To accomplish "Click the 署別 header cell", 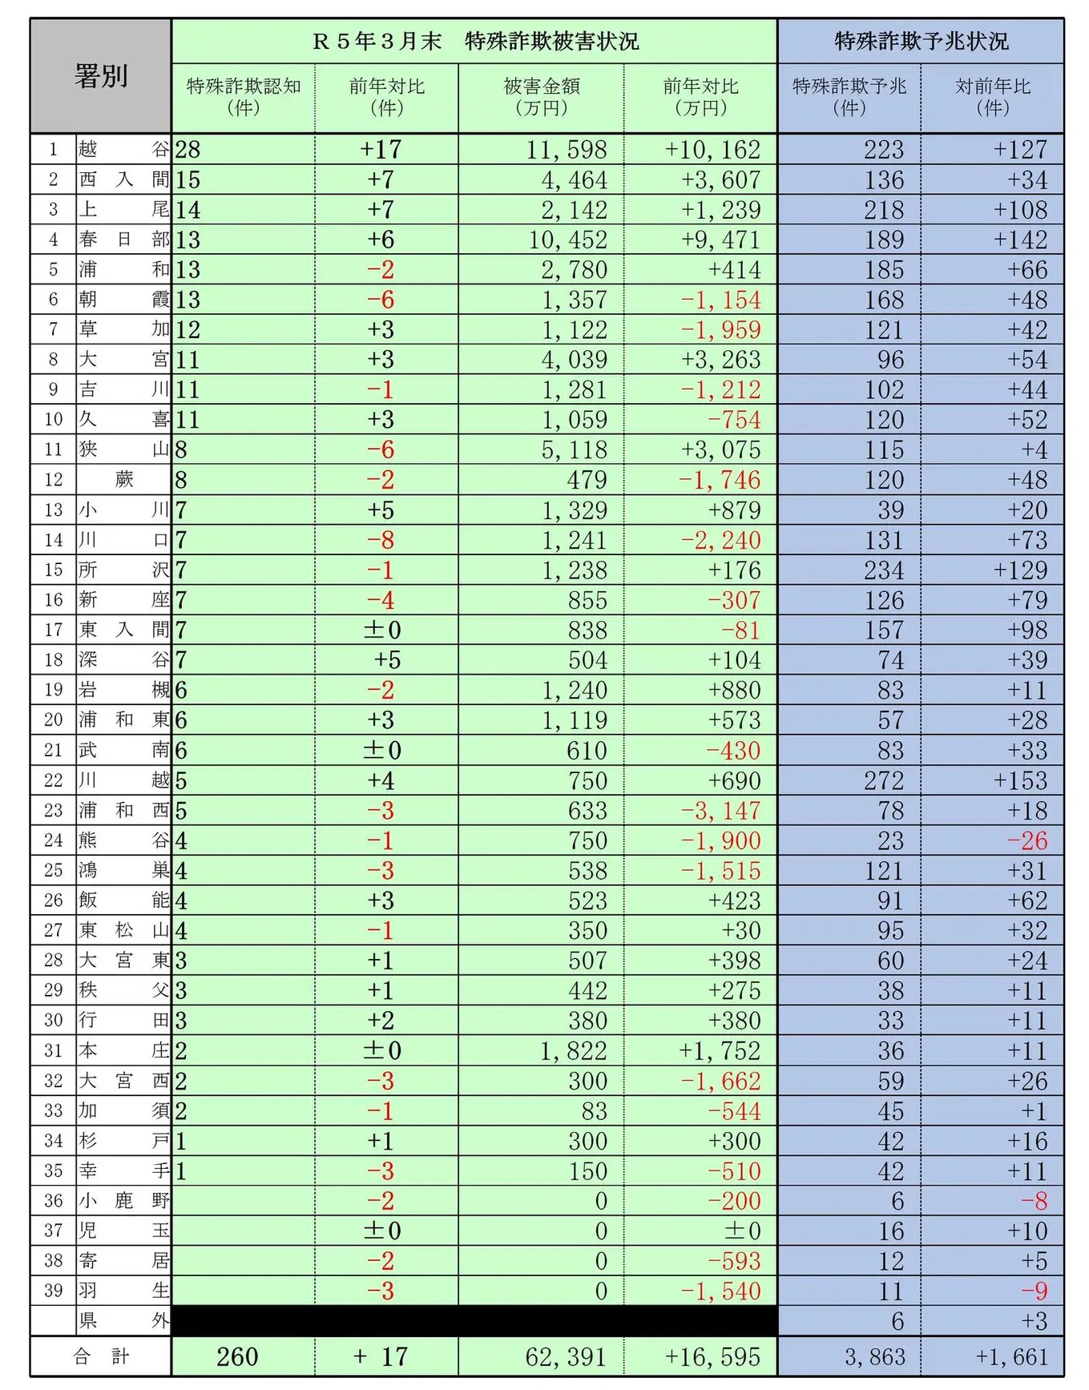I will (100, 76).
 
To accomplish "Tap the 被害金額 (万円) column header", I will (541, 97).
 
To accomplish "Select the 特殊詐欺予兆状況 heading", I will (921, 41).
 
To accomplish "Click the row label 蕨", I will (123, 480).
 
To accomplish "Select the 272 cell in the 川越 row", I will (883, 780).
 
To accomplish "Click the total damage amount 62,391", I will (566, 1356).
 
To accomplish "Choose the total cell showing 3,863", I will (875, 1356).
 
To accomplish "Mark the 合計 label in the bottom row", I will (101, 1356).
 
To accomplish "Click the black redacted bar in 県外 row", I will (474, 1320).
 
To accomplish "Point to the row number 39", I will (53, 1291).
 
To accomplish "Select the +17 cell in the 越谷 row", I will (381, 150).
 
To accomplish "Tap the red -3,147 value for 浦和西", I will (720, 811).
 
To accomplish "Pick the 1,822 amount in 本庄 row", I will (574, 1050).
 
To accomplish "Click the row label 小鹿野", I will (123, 1200).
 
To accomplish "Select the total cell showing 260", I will (237, 1356).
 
